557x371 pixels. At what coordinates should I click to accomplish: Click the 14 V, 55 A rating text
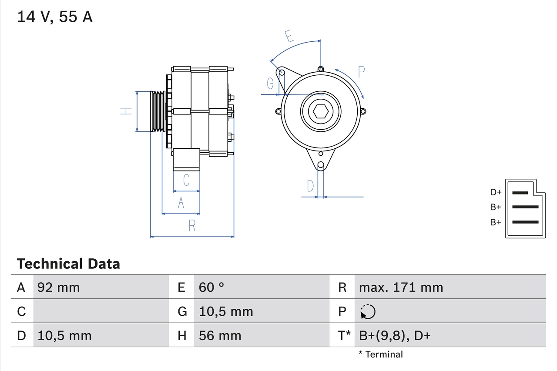click(55, 17)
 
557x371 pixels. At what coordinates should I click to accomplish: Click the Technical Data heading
click(68, 264)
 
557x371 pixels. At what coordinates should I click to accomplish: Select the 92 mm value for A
click(59, 287)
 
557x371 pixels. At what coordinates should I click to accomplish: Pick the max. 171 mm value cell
click(401, 287)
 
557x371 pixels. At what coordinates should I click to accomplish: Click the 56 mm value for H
click(220, 335)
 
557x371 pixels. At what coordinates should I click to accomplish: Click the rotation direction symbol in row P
click(368, 311)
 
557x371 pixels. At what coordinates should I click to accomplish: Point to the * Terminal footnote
click(381, 354)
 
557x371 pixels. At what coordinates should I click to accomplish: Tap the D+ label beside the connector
click(496, 192)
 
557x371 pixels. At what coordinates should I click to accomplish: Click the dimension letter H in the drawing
click(126, 111)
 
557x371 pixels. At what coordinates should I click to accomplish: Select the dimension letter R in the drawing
click(192, 225)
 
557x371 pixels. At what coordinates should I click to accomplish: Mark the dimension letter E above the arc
click(289, 36)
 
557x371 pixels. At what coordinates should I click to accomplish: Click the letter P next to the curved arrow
click(361, 71)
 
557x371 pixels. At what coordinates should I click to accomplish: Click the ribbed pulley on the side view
click(158, 111)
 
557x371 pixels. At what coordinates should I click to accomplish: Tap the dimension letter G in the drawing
click(270, 83)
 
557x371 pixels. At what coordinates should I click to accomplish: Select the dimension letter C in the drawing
click(186, 180)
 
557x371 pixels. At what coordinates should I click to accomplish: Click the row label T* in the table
click(344, 335)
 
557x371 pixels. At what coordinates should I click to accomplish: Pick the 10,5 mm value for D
click(64, 335)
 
